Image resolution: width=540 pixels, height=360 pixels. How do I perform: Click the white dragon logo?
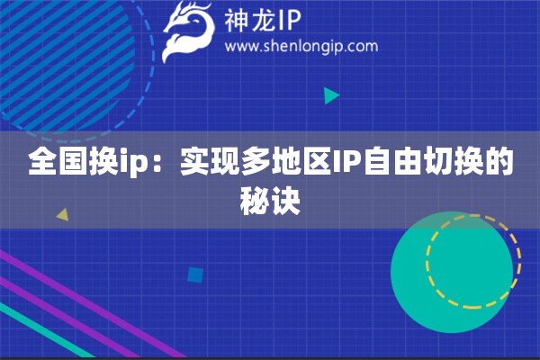[188, 31]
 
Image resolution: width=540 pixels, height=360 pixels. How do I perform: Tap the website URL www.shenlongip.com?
[301, 47]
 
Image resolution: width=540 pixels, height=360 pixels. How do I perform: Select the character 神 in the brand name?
[237, 21]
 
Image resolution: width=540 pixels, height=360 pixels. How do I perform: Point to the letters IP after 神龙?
[289, 21]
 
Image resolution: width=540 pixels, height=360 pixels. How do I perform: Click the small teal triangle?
[331, 95]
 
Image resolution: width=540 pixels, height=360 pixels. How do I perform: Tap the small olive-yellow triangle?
[63, 214]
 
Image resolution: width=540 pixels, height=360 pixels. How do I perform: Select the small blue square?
[195, 275]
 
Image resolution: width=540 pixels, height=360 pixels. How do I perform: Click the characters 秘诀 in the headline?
[270, 202]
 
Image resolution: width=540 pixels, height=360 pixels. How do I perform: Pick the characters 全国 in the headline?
[58, 161]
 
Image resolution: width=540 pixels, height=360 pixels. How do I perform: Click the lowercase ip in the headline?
[133, 163]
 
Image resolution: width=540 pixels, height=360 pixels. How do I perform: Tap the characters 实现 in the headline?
[210, 161]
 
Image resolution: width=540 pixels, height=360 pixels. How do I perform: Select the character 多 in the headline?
[256, 161]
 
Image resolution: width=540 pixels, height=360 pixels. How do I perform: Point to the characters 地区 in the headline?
[301, 161]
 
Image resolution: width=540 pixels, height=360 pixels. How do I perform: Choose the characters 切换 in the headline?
[454, 161]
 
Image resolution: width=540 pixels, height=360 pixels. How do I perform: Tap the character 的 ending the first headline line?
[499, 161]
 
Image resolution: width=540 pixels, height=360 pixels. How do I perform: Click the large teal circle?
[452, 272]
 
